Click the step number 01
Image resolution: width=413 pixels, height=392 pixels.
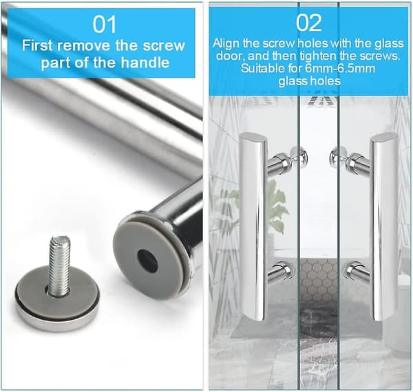[x=105, y=25]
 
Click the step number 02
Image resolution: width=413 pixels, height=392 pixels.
[x=308, y=23]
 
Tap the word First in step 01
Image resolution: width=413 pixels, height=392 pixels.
[x=37, y=45]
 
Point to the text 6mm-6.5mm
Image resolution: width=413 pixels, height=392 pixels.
[x=340, y=68]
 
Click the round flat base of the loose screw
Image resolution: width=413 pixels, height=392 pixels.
[x=57, y=297]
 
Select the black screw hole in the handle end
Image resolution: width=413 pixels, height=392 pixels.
[x=147, y=259]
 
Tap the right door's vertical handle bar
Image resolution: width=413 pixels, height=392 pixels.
[x=383, y=227]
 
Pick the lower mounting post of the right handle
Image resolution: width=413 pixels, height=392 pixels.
[x=357, y=272]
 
